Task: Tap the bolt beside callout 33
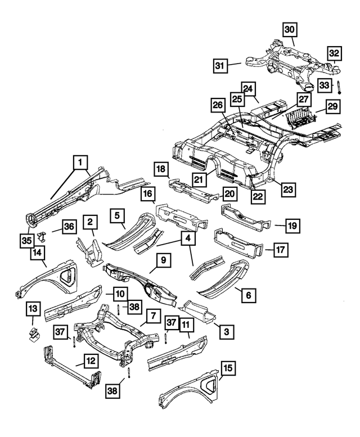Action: tap(340, 86)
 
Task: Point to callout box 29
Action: tap(333, 106)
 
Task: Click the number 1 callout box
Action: tap(81, 163)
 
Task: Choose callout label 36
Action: tap(69, 227)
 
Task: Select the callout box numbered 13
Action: tap(33, 308)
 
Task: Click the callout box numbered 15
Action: tap(227, 368)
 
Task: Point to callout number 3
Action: tap(226, 332)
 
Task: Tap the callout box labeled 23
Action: tap(289, 190)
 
